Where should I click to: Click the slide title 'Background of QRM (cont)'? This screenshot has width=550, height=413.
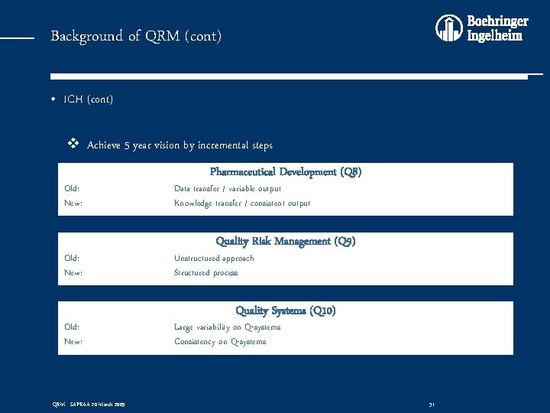coord(136,36)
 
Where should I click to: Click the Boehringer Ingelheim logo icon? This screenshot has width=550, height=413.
coord(449,28)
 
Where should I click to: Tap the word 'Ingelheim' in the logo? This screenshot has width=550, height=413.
coord(495,36)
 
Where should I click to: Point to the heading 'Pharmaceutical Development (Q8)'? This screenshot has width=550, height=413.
coord(286,172)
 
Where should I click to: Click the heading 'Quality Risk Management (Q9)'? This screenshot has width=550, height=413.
coord(286,241)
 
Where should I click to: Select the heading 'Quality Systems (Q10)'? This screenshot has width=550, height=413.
coord(286,311)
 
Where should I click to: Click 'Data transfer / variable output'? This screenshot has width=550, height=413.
coord(228,188)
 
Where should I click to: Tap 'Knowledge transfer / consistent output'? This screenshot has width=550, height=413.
coord(242,203)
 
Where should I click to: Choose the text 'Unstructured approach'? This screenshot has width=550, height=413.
coord(214,258)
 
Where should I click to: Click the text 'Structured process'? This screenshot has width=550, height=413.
coord(205,272)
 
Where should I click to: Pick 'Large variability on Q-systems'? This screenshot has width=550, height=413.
coord(227,327)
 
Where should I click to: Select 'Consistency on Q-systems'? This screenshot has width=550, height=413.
coord(220,341)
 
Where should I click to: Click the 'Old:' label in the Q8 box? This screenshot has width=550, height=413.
coord(72,188)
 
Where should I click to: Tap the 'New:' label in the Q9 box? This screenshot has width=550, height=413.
coord(73,272)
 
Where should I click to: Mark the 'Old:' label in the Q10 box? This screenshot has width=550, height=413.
coord(72,327)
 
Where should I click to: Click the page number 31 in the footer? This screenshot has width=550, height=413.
coord(432,404)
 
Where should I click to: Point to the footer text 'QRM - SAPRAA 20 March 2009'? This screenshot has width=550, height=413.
coord(89,404)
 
